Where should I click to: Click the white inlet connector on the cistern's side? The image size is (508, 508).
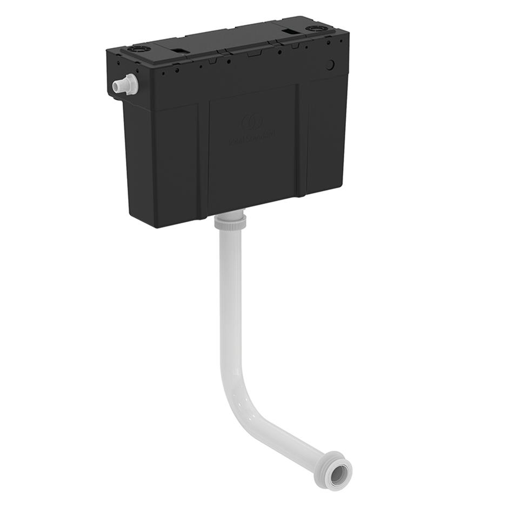click(125, 85)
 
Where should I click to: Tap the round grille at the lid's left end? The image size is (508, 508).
click(135, 49)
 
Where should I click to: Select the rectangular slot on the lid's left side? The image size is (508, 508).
click(181, 51)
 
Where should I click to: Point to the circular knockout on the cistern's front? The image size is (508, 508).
click(330, 64)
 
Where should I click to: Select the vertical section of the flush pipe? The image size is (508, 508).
click(230, 303)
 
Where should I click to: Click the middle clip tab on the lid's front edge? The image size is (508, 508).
click(252, 54)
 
